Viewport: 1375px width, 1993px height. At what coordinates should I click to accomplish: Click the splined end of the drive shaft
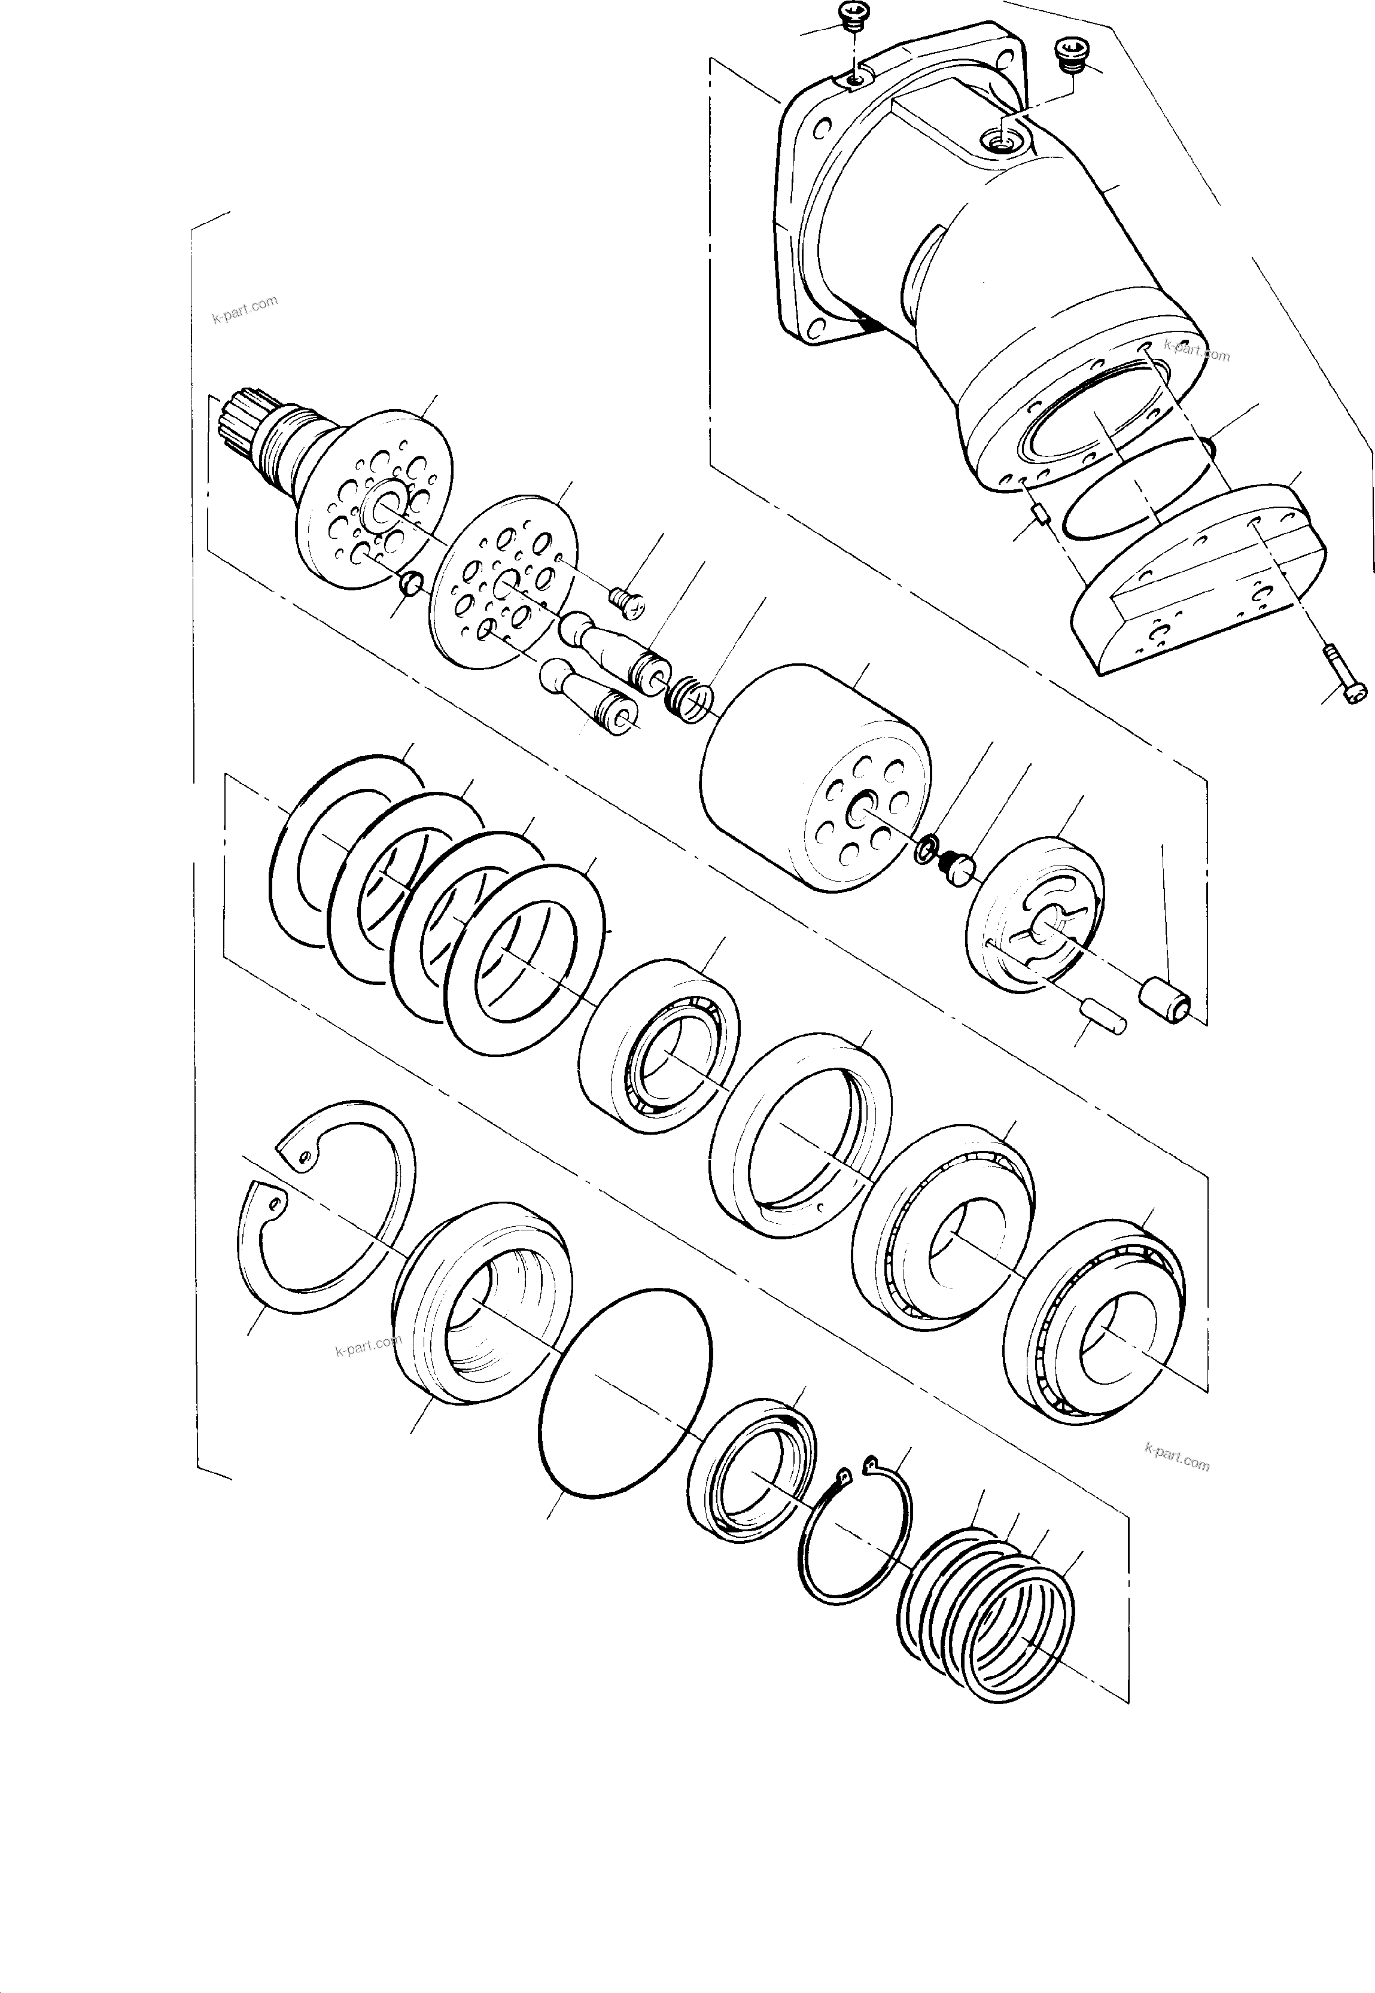point(238,422)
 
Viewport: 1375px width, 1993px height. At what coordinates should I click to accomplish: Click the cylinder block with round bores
point(814,779)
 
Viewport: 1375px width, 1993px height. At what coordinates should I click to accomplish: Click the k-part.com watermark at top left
point(245,308)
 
